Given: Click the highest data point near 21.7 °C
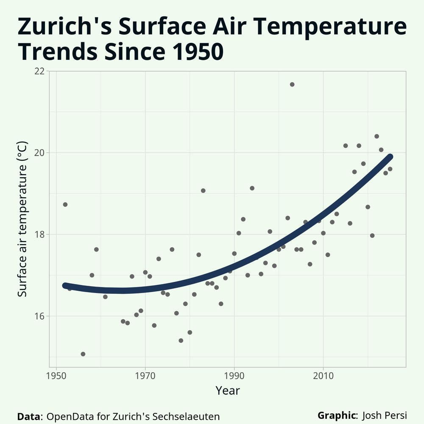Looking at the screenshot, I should pyautogui.click(x=292, y=84).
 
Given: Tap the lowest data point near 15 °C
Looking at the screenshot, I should pyautogui.click(x=83, y=354).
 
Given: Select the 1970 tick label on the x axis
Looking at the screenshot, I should pyautogui.click(x=145, y=377).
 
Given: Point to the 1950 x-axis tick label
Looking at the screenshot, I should pyautogui.click(x=56, y=377).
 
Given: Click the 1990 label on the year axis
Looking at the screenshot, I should pyautogui.click(x=234, y=377).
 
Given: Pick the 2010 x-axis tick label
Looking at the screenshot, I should pyautogui.click(x=323, y=377).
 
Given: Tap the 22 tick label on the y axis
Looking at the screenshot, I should pyautogui.click(x=39, y=71).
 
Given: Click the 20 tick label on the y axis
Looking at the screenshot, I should pyautogui.click(x=39, y=153).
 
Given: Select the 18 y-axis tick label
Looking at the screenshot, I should pyautogui.click(x=39, y=234).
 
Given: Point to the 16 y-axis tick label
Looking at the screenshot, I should pyautogui.click(x=39, y=316).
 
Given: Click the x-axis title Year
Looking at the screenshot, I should pyautogui.click(x=228, y=391).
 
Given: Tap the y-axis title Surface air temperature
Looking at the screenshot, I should pyautogui.click(x=23, y=219).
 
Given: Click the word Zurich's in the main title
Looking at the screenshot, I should pyautogui.click(x=63, y=26).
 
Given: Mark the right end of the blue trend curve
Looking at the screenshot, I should pyautogui.click(x=390, y=157).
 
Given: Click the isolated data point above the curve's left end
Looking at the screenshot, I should pyautogui.click(x=65, y=204).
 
